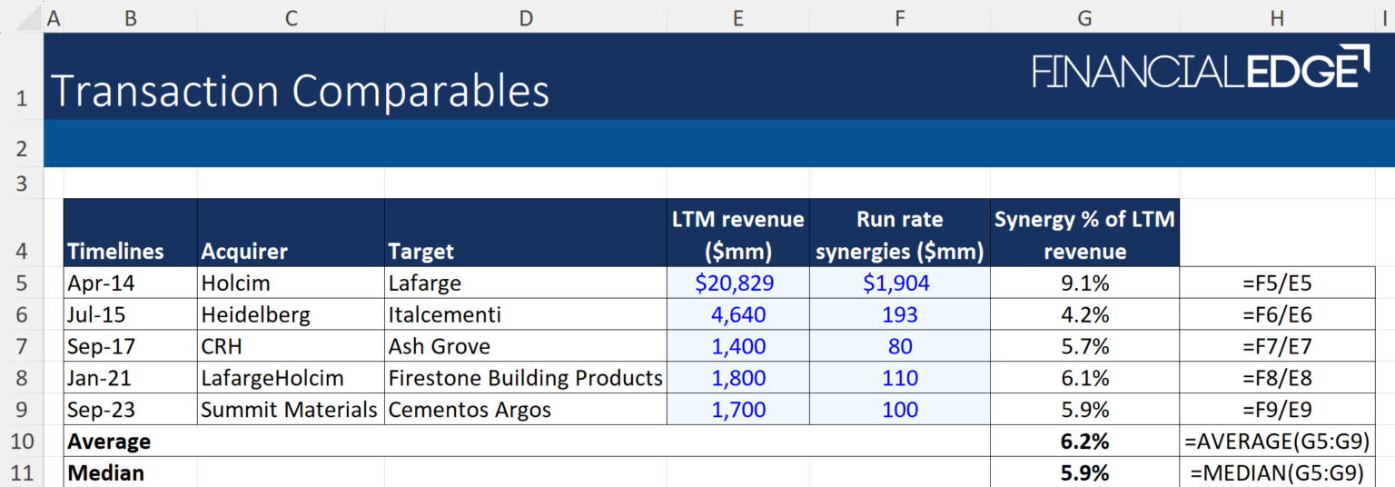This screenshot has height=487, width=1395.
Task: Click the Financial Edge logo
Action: pyautogui.click(x=1201, y=68)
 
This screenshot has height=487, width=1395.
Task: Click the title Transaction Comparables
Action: pyautogui.click(x=300, y=92)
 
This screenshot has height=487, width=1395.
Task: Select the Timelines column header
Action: pyautogui.click(x=115, y=251)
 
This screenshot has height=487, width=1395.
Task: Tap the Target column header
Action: pyautogui.click(x=420, y=251)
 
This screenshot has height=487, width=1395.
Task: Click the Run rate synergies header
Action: pyautogui.click(x=899, y=235)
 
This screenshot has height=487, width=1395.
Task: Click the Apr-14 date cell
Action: pyautogui.click(x=101, y=283)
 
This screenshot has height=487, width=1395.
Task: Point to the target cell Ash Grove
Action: pyautogui.click(x=439, y=346)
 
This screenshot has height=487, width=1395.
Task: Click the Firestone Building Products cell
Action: pyautogui.click(x=525, y=378)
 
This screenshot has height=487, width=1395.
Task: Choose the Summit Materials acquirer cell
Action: pyautogui.click(x=289, y=410)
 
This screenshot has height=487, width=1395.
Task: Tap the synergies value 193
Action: pyautogui.click(x=899, y=314)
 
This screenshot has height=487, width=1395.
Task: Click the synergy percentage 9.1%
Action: pyautogui.click(x=1084, y=283)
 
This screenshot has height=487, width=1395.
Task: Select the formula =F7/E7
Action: pyautogui.click(x=1277, y=346)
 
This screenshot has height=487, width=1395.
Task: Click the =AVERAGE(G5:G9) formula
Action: pyautogui.click(x=1277, y=442)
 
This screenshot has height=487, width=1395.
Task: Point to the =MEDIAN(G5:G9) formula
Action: pyautogui.click(x=1277, y=472)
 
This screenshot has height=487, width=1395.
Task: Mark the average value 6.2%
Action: pyautogui.click(x=1084, y=442)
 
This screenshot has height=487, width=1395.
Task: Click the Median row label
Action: pyautogui.click(x=105, y=472)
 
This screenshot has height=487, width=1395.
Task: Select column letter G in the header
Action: pyautogui.click(x=1084, y=17)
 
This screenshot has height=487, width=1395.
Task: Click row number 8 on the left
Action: pyautogui.click(x=22, y=378)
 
